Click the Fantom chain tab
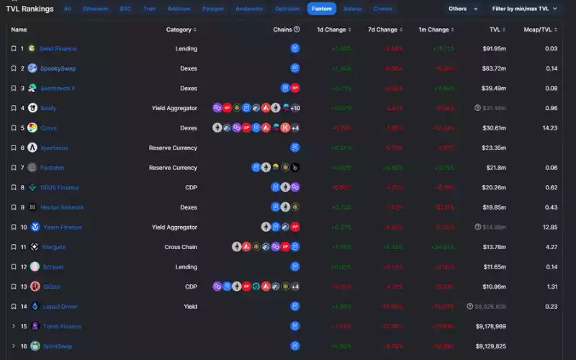pos(321,9)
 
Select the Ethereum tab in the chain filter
pos(95,9)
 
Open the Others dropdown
pos(462,9)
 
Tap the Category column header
pos(181,30)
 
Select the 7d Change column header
pos(382,30)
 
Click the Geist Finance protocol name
pos(58,48)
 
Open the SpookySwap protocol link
pos(58,68)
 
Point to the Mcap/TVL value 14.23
pos(551,127)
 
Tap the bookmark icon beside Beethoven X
pos(14,89)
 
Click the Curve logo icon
pos(32,127)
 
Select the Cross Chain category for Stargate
pos(180,247)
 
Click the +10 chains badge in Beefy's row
pos(295,108)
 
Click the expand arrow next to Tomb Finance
pos(14,326)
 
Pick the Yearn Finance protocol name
pos(61,227)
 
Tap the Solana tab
pos(353,9)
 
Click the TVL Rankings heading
pos(30,9)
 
